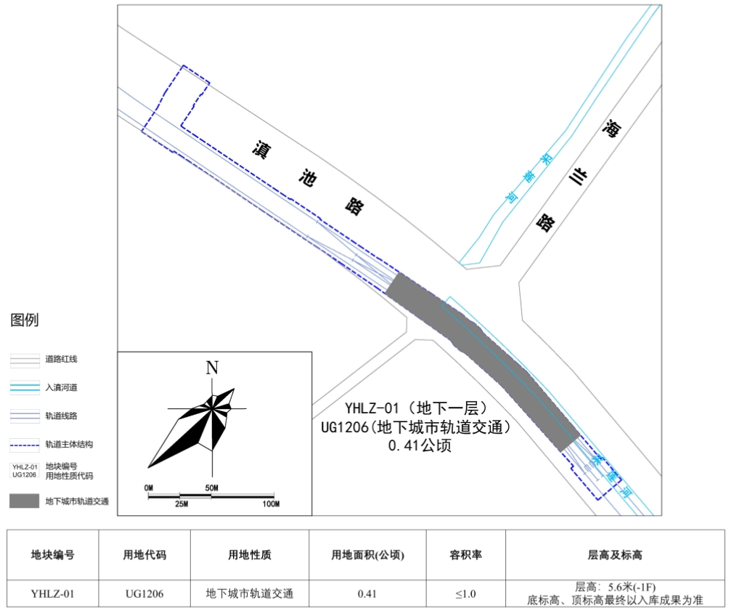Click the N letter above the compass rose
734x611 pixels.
point(212,367)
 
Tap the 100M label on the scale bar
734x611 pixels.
point(271,504)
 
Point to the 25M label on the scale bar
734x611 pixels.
point(180,504)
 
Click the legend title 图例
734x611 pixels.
point(25,320)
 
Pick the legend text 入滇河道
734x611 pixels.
point(61,387)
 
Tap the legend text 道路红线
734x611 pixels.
point(61,359)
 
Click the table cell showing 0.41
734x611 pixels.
point(367,594)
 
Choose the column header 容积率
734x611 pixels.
point(465,555)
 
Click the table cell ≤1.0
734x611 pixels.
point(465,594)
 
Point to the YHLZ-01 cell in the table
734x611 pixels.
point(52,594)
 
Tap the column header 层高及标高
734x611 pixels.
point(614,555)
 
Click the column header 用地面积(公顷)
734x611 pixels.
point(367,555)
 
